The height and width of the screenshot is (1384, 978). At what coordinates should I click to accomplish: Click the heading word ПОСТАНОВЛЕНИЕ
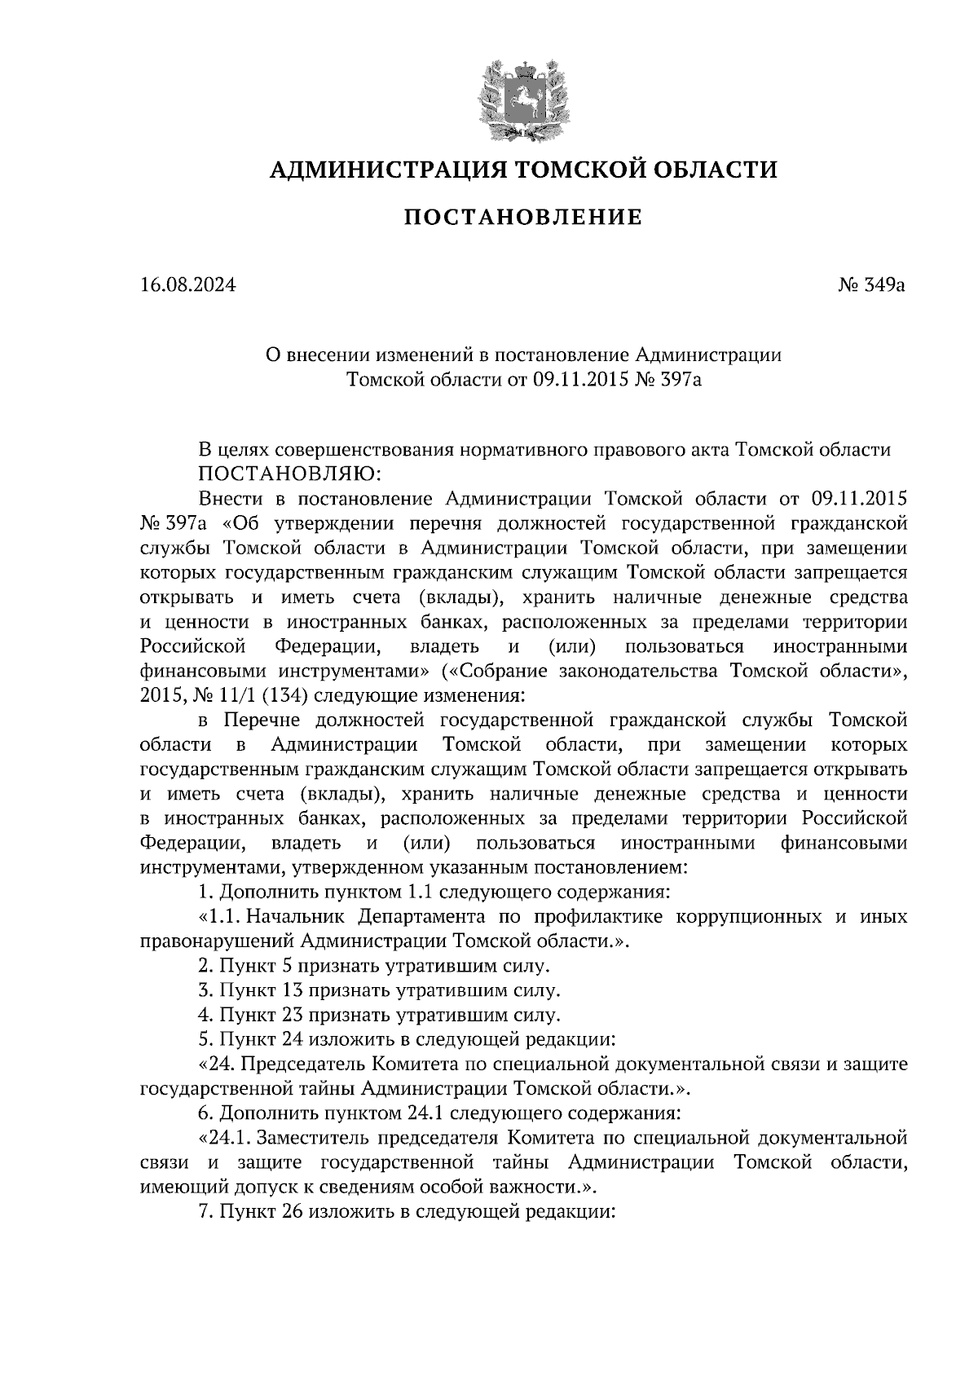[523, 218]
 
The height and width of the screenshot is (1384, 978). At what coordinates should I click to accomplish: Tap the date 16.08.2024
[187, 286]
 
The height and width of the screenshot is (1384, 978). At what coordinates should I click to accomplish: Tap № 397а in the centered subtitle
[667, 380]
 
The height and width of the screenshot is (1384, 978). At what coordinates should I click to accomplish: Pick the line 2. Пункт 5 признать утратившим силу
[374, 967]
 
